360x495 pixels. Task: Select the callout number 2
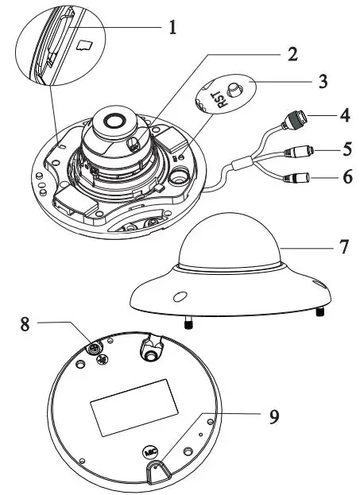point(292,54)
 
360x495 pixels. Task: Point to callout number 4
point(344,116)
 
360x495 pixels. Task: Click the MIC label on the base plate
point(152,451)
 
